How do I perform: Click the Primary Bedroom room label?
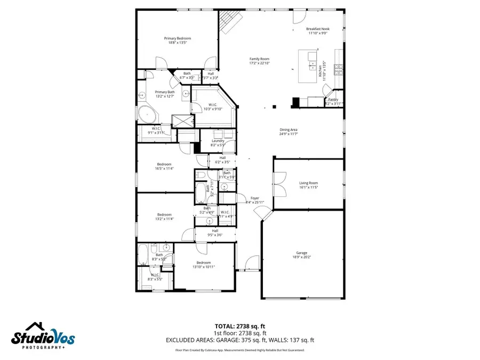pyautogui.click(x=177, y=38)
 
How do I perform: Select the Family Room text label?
pyautogui.click(x=260, y=59)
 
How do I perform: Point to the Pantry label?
pyautogui.click(x=333, y=99)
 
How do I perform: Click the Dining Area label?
pyautogui.click(x=289, y=130)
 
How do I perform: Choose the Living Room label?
pyautogui.click(x=308, y=183)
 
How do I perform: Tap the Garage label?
pyautogui.click(x=302, y=253)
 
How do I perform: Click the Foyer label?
pyautogui.click(x=255, y=198)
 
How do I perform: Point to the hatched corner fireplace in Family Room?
pyautogui.click(x=229, y=21)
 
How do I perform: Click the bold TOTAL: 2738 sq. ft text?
pyautogui.click(x=239, y=325)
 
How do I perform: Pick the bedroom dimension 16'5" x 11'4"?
pyautogui.click(x=164, y=169)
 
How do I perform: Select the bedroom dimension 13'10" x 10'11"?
pyautogui.click(x=203, y=267)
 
